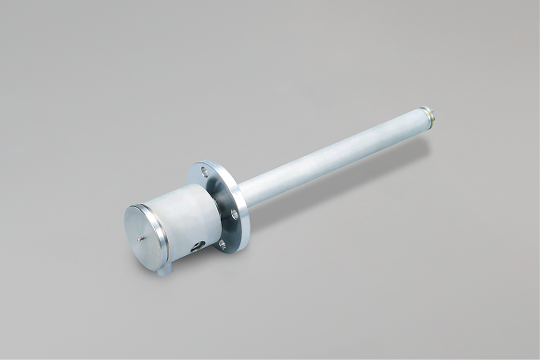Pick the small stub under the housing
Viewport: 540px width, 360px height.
coord(164,272)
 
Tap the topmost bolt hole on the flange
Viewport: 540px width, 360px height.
coord(202,172)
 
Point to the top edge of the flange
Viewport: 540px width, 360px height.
coord(208,163)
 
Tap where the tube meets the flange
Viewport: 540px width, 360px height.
coord(243,194)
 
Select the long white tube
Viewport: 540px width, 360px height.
coord(334,159)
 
